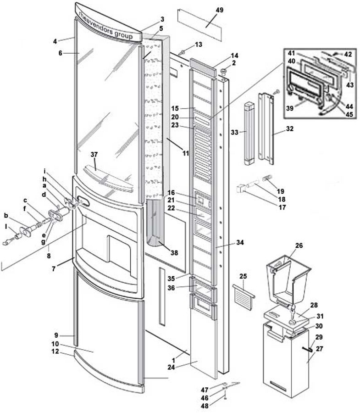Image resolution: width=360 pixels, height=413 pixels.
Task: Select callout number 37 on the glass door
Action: (x=94, y=154)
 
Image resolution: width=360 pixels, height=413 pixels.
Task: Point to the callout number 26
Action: (x=299, y=246)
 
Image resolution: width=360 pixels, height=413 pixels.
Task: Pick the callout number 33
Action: (x=234, y=132)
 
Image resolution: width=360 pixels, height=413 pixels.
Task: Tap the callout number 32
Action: (x=289, y=129)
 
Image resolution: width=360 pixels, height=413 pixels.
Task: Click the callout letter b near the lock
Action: (x=6, y=215)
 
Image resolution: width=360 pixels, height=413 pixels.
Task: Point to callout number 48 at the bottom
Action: (x=205, y=406)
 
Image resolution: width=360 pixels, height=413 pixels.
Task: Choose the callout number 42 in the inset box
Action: (x=348, y=54)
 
